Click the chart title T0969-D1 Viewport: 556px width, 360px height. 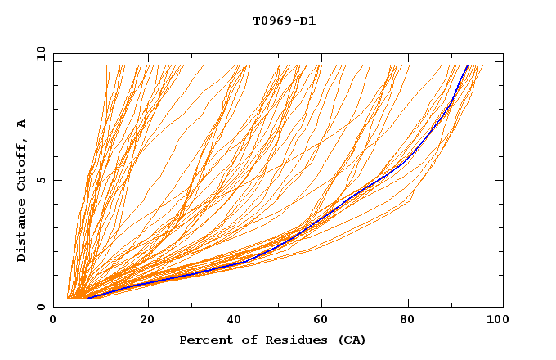(x=284, y=21)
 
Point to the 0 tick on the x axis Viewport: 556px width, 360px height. (x=54, y=320)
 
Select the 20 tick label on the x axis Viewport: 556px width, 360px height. (x=147, y=320)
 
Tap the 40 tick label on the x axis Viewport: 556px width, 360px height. (x=235, y=320)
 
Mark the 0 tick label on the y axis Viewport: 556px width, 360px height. (x=40, y=308)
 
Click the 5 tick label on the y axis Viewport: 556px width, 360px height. (x=40, y=180)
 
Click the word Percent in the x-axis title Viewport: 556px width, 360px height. (x=204, y=340)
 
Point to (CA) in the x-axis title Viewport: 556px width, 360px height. (x=352, y=340)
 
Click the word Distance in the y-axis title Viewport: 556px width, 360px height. (x=22, y=229)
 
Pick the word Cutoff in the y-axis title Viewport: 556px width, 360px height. (x=22, y=163)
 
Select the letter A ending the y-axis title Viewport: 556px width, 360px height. (x=22, y=124)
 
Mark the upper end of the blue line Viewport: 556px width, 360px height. (x=468, y=65)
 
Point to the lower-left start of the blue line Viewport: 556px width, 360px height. (x=87, y=298)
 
